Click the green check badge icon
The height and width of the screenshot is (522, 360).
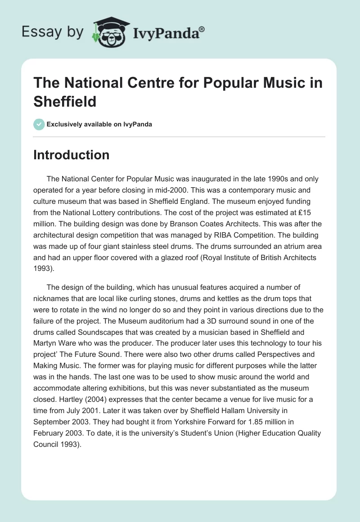pyautogui.click(x=39, y=124)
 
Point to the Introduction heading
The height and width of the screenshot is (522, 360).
pyautogui.click(x=72, y=155)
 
